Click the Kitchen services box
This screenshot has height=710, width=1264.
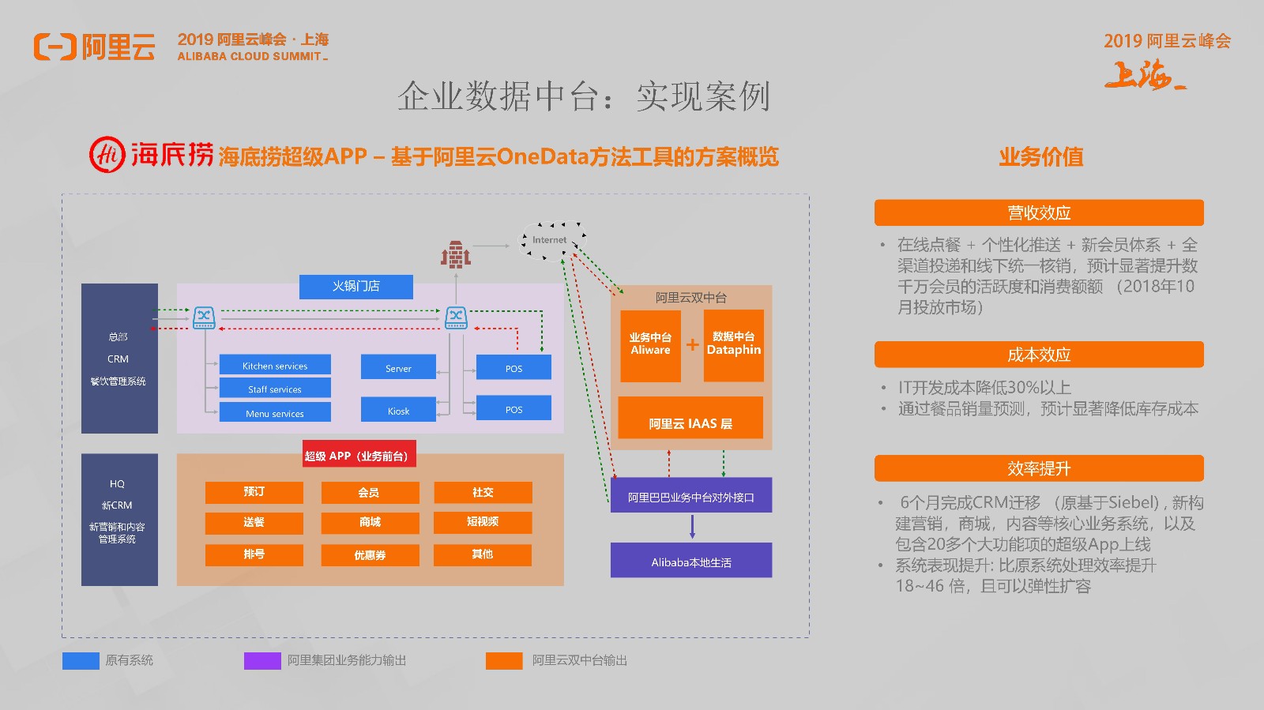[275, 365]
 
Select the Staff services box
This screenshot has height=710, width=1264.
[275, 389]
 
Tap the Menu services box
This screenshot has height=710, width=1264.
[275, 412]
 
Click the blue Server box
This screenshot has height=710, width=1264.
[398, 367]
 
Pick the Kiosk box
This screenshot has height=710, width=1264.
[398, 410]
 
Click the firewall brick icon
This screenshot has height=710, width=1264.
[456, 254]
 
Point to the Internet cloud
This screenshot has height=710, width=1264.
[551, 240]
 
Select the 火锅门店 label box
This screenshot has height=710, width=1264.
[355, 286]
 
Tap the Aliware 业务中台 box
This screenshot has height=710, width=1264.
[650, 345]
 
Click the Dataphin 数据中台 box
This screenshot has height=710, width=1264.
[733, 345]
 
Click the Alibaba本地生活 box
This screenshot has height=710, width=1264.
[691, 561]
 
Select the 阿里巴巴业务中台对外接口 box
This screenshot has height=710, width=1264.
[691, 496]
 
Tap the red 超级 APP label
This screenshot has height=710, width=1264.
[359, 455]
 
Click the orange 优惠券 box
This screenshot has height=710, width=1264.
[370, 554]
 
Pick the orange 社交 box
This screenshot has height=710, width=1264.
[483, 492]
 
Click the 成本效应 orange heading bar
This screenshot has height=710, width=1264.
[1039, 355]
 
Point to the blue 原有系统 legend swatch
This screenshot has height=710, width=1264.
[81, 660]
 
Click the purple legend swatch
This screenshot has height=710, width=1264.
[262, 660]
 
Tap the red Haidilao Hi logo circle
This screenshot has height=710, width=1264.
[107, 154]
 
